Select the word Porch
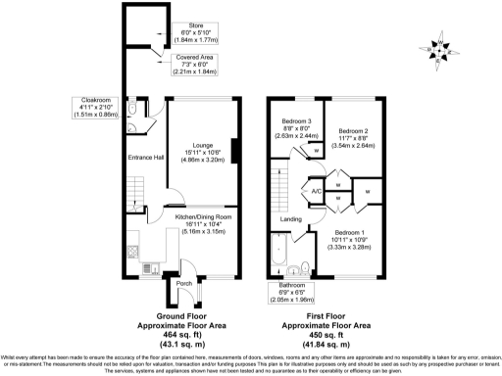182,285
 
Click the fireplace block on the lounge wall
234,150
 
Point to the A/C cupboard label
316,193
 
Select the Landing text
290,218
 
